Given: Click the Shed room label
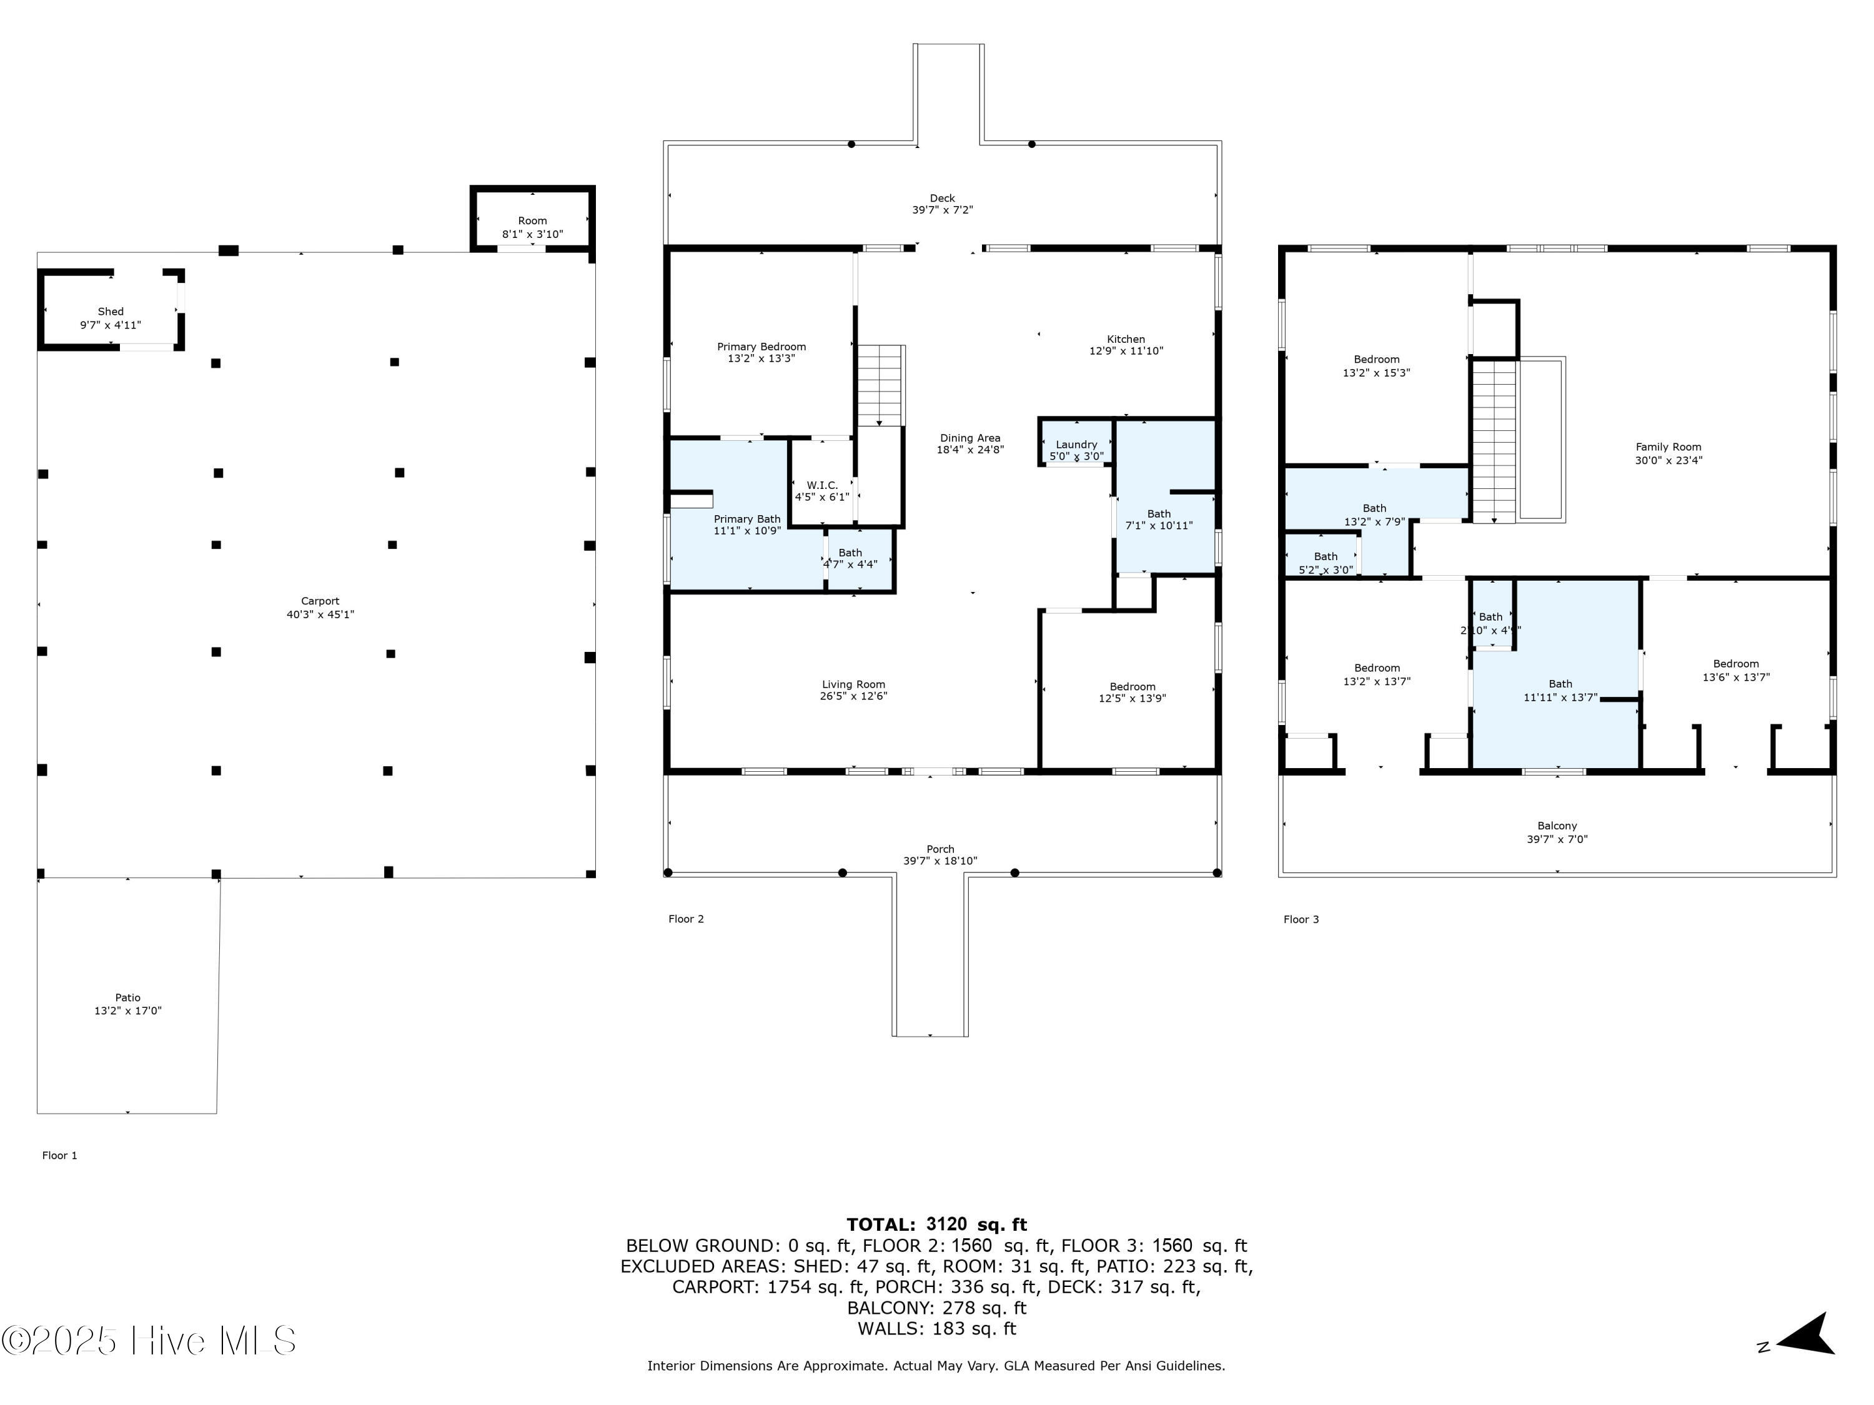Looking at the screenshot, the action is pyautogui.click(x=111, y=312).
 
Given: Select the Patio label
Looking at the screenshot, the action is pyautogui.click(x=128, y=998).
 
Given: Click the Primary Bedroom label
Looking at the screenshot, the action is pyautogui.click(x=761, y=347).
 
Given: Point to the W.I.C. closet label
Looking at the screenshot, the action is pyautogui.click(x=822, y=485).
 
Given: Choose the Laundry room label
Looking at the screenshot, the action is pyautogui.click(x=1077, y=445).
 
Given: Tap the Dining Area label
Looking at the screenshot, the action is pyautogui.click(x=970, y=438).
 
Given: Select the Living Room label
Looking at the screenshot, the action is pyautogui.click(x=853, y=684).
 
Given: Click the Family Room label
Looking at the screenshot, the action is pyautogui.click(x=1668, y=447).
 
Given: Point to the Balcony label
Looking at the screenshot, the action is pyautogui.click(x=1557, y=826).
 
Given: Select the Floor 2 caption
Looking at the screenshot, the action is pyautogui.click(x=687, y=919).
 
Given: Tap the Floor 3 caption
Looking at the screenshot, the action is pyautogui.click(x=1301, y=919).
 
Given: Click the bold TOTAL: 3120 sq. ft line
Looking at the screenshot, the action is pyautogui.click(x=936, y=1224).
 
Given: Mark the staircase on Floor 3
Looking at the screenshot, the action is pyautogui.click(x=1494, y=440).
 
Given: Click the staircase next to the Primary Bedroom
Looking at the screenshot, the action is pyautogui.click(x=881, y=385).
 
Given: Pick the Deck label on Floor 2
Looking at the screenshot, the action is pyautogui.click(x=942, y=198).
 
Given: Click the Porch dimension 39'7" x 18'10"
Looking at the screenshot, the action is pyautogui.click(x=940, y=861).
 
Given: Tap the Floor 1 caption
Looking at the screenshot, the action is pyautogui.click(x=59, y=1155).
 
